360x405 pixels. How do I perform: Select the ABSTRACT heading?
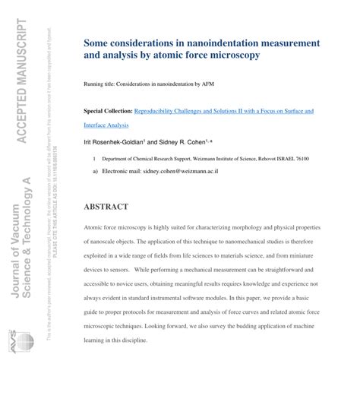click(x=106, y=207)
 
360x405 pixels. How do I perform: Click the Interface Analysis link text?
click(x=106, y=125)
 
